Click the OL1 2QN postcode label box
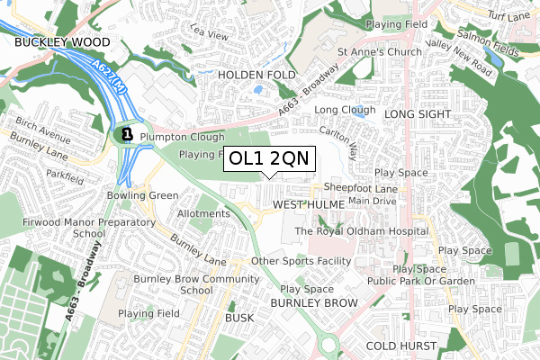[269, 158]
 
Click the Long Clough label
[346, 110]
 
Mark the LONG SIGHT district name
[416, 115]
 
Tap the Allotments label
[203, 213]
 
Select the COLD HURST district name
[401, 346]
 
